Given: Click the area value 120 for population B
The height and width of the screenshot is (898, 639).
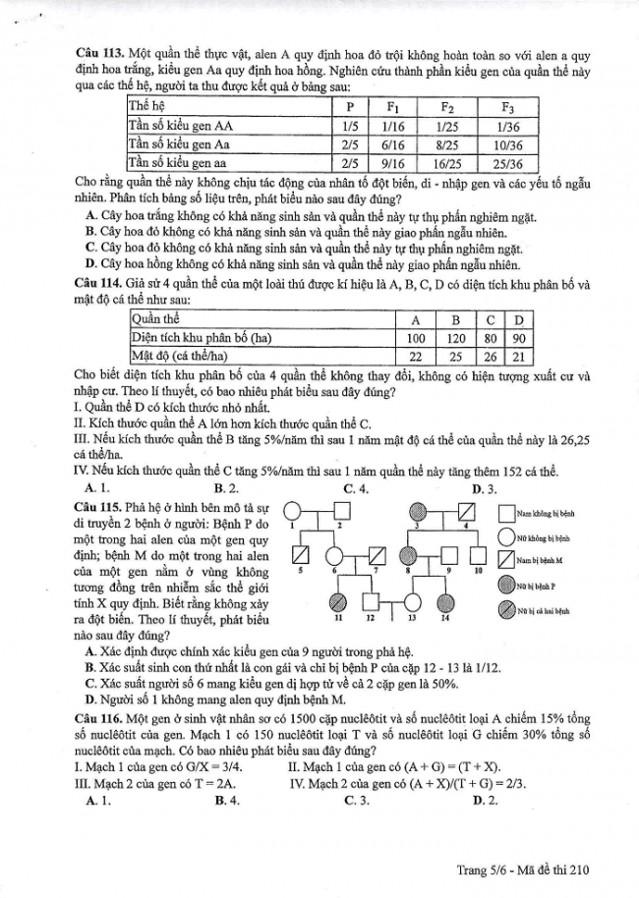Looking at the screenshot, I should tap(454, 338).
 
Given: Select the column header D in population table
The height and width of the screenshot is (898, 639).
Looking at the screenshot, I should tap(521, 319).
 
